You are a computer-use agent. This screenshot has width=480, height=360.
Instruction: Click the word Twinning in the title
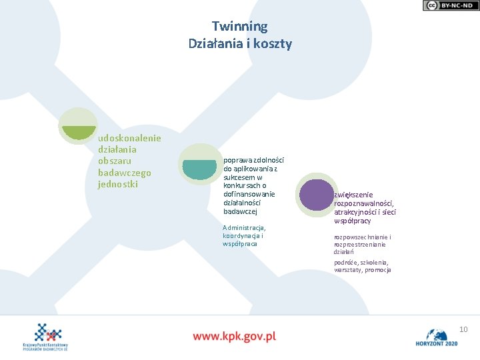coord(240,27)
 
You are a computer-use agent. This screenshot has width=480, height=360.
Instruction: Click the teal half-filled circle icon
coord(199,164)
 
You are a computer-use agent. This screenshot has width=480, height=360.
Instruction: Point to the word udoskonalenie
coord(129,138)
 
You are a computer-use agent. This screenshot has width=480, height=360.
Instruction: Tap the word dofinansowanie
coord(249,194)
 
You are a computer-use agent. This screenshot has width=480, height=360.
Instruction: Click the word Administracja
coord(244,227)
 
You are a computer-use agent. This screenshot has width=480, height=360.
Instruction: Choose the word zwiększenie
coord(353,195)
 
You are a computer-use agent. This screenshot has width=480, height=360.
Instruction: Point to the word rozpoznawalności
coord(364,203)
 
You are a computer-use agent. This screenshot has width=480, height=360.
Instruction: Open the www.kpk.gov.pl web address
coord(234,336)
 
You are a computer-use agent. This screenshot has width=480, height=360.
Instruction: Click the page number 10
coord(464,329)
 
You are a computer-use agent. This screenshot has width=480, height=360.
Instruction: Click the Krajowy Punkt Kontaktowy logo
coord(48,337)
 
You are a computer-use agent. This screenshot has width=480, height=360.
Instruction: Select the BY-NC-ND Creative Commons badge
coord(450,5)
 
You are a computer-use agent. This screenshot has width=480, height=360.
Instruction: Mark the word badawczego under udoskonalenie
coord(124,173)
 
